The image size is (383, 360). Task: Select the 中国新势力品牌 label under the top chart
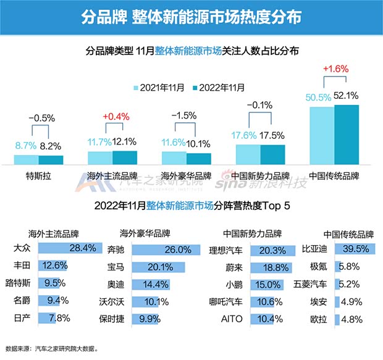click(x=260, y=175)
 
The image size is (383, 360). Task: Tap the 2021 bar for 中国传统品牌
click(x=322, y=135)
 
